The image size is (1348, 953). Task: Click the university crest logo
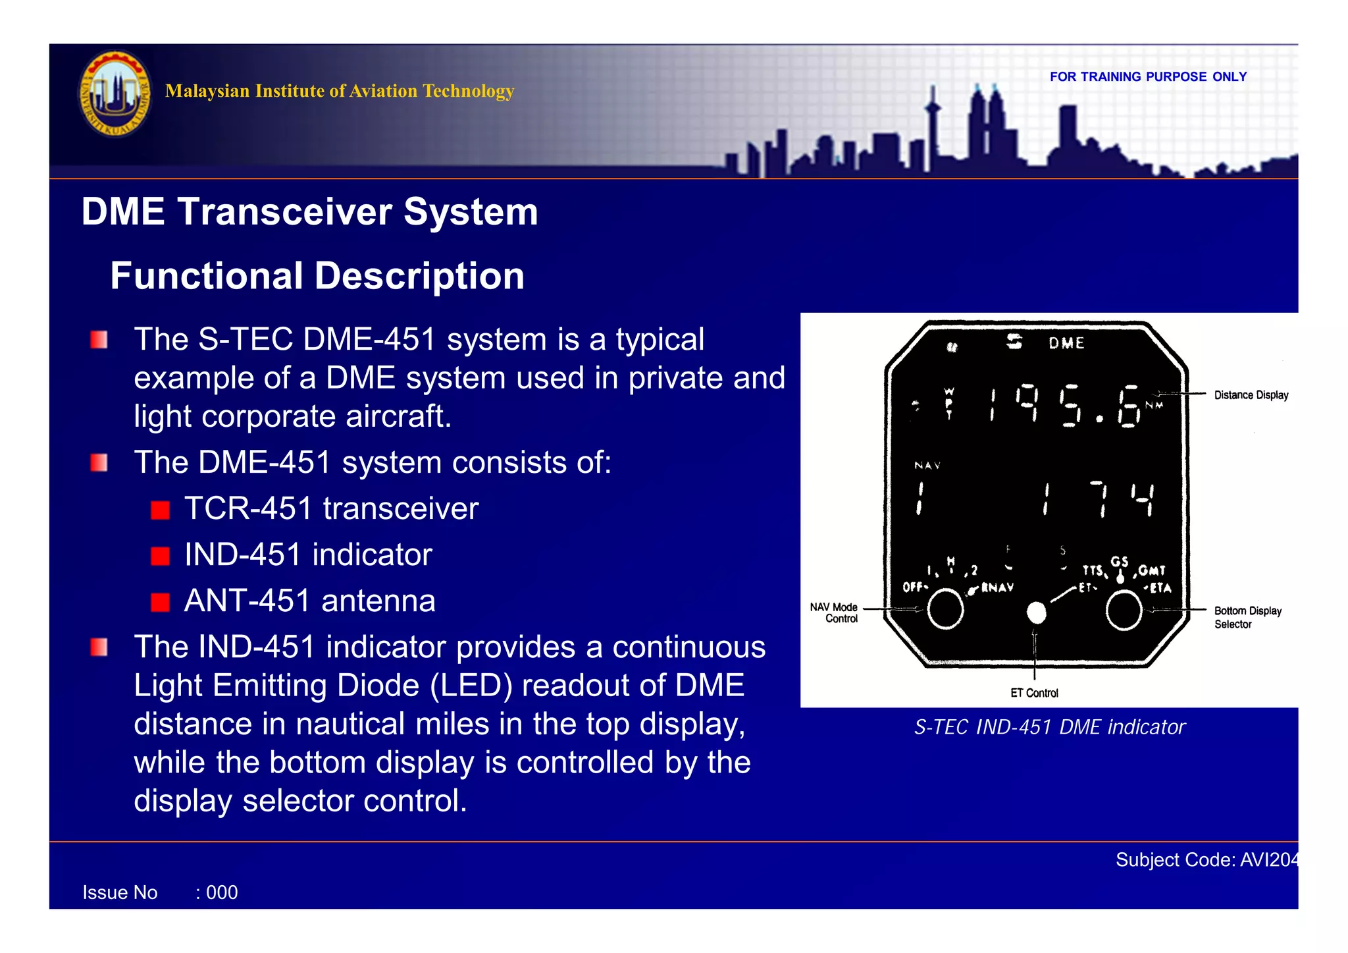(115, 94)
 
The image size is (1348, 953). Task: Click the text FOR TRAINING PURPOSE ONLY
(1147, 77)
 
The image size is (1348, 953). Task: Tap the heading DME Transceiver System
(309, 212)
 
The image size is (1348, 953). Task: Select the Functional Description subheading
(317, 275)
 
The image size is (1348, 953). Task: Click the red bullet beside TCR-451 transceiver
(160, 510)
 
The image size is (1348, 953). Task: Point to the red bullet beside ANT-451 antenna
(160, 602)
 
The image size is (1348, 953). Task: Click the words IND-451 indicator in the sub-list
(308, 555)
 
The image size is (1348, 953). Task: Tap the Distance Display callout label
(1251, 395)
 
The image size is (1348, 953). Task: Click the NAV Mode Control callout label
(835, 613)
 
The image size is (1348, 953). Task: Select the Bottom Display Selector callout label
(1247, 617)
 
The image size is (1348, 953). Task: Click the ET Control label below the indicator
(1034, 693)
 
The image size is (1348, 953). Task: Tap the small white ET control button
(1036, 613)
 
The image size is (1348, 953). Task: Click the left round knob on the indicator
(945, 609)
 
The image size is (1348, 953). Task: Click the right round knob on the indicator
(1124, 610)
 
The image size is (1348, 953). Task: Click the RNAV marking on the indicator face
(997, 587)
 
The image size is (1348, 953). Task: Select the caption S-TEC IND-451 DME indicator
(1049, 727)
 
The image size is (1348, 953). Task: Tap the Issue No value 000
(222, 893)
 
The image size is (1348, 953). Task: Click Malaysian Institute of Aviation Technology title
(340, 91)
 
